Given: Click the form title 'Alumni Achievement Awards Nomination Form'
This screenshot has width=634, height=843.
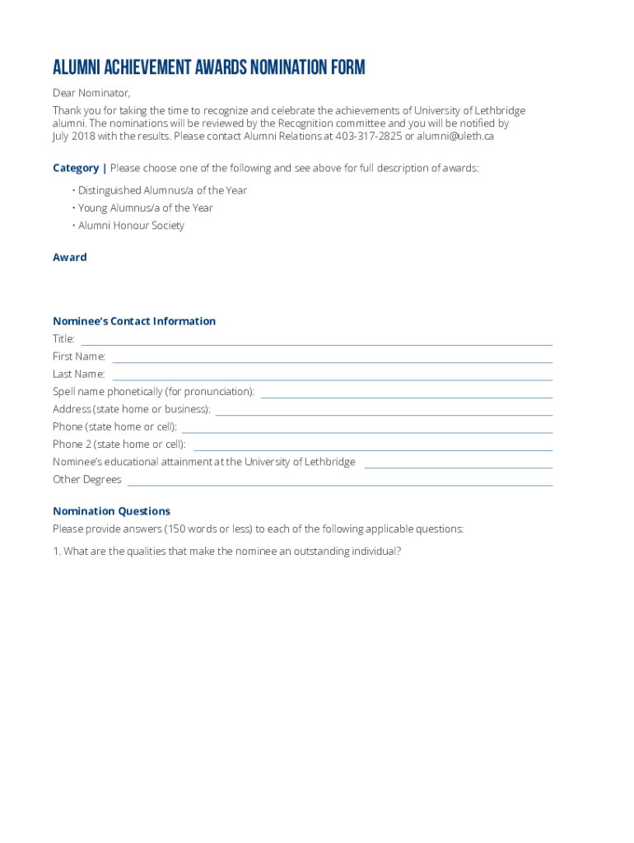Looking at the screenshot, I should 209,68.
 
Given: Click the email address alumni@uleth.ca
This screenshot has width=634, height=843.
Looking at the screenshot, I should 455,137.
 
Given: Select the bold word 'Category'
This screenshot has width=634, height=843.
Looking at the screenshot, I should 76,168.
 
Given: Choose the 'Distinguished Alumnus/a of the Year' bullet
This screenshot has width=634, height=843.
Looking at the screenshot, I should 162,190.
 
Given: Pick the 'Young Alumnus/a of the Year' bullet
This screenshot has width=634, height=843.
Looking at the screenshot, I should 145,208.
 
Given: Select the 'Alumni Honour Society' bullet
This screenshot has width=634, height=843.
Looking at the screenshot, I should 131,226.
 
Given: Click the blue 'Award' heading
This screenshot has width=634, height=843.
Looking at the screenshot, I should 70,258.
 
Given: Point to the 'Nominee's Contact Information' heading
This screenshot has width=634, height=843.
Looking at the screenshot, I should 134,321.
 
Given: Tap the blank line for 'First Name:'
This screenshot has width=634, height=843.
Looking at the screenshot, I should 332,358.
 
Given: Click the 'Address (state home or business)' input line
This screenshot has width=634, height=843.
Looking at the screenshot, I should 384,411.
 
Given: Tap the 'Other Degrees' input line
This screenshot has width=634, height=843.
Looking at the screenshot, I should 339,482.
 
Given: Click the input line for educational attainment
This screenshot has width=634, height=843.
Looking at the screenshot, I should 458,463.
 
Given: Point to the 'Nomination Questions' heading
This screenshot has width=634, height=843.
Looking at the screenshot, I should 112,511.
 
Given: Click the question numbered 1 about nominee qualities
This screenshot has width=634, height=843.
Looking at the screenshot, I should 227,552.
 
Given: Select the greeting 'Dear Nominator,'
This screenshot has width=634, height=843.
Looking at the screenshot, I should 91,92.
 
